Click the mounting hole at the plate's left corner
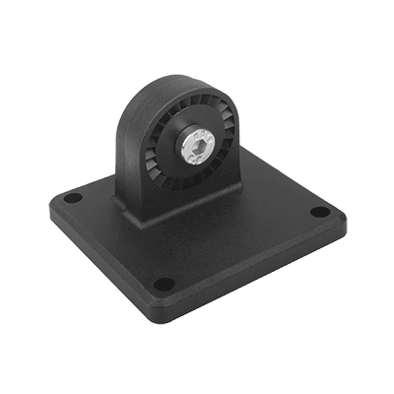pyautogui.click(x=73, y=198)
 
